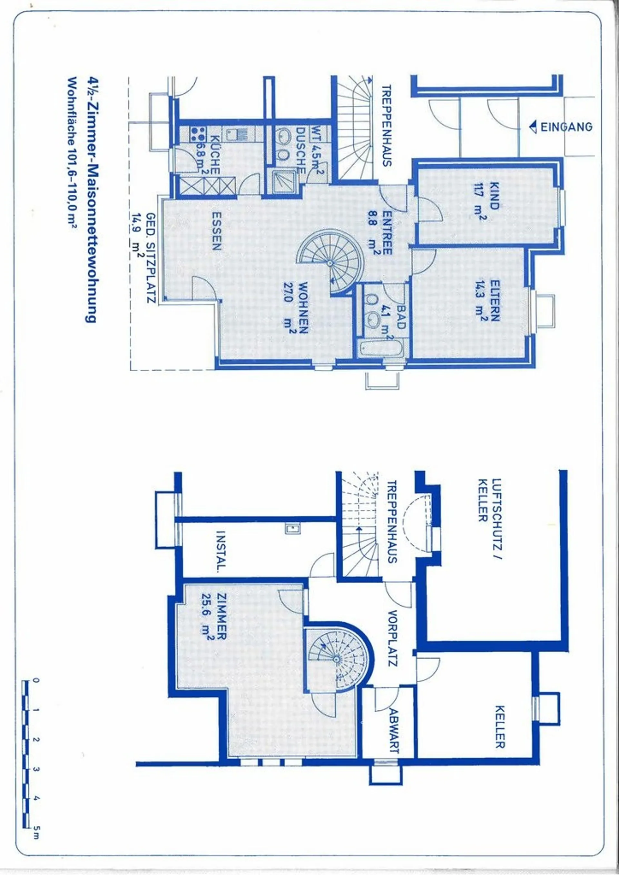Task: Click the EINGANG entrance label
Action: (x=566, y=127)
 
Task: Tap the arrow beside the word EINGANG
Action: (x=533, y=127)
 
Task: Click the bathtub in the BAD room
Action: (x=381, y=349)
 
